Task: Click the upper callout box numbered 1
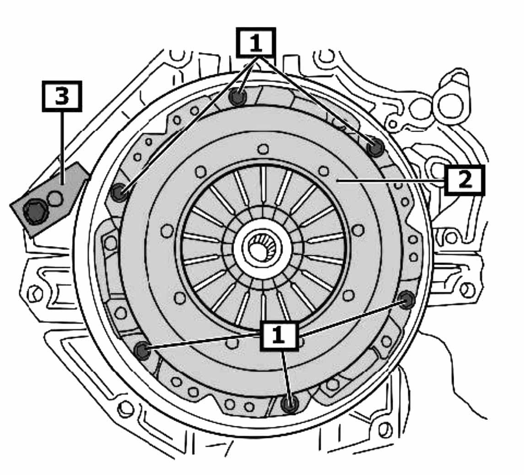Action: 255,43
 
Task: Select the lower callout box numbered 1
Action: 279,336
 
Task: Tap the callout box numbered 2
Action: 465,180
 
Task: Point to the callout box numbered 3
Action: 62,96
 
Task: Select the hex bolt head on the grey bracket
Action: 35,212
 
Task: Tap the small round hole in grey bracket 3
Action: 55,199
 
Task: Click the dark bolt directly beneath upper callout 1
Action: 238,97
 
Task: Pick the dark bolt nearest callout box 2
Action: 376,147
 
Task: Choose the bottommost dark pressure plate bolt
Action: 289,404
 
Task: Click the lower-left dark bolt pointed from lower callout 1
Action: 143,351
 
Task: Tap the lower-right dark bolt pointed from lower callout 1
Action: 407,300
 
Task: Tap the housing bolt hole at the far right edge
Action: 467,290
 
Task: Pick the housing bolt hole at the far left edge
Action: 34,293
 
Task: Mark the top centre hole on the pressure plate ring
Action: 263,149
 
